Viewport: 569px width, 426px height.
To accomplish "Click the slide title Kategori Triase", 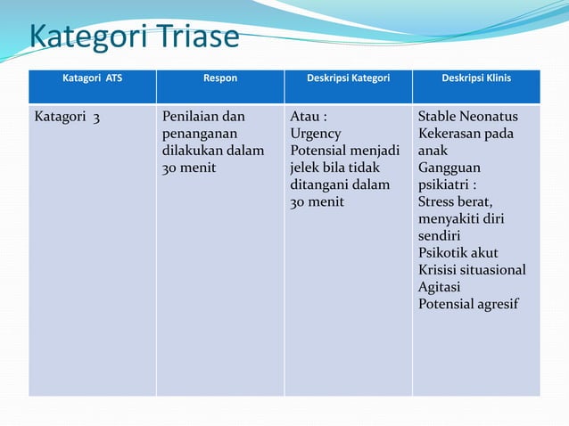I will [135, 37].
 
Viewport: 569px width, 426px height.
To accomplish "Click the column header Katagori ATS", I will [92, 78].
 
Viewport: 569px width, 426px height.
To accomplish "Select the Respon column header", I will [220, 78].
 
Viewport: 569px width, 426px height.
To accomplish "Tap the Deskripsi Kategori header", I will [348, 78].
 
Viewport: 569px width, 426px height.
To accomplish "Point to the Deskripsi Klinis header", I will [476, 78].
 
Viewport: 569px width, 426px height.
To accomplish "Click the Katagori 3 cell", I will [68, 117].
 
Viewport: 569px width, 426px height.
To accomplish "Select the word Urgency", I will [315, 134].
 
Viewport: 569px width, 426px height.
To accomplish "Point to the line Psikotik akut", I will [458, 252].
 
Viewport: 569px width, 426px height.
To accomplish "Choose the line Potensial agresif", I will [468, 303].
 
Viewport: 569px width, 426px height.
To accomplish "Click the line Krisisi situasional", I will [472, 269].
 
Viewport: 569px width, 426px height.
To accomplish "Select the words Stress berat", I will [455, 201].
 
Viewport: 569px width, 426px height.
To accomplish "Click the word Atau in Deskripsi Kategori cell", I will [305, 117].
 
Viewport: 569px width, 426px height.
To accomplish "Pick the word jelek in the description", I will [305, 168].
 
